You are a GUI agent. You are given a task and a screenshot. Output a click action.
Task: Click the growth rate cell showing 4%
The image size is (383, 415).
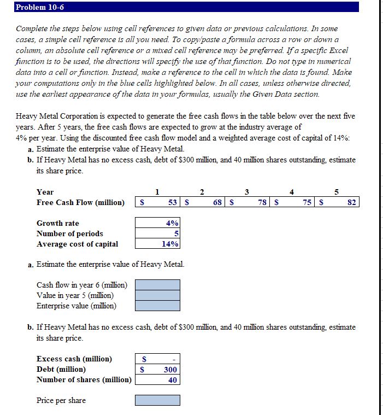[x=157, y=223]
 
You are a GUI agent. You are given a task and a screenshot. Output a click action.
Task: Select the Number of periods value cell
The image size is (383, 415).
[x=157, y=233]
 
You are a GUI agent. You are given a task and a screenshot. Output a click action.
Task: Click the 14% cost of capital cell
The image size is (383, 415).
[x=157, y=244]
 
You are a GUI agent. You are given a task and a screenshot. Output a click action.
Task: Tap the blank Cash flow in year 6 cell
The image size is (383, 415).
[x=157, y=285]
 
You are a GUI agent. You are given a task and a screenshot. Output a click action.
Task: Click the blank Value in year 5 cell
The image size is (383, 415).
[x=157, y=295]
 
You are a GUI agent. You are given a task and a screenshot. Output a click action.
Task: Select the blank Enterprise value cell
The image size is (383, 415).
[x=157, y=306]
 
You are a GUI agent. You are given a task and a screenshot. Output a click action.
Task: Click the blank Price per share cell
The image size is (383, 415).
[x=157, y=400]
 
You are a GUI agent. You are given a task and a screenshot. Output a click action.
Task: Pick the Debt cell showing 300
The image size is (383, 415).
[x=157, y=370]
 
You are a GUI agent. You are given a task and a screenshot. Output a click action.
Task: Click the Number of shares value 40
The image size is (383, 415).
[x=157, y=380]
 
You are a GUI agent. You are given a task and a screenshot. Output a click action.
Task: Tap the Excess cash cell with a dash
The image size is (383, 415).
[x=157, y=359]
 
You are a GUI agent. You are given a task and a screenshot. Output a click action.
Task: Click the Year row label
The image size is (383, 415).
[x=45, y=192]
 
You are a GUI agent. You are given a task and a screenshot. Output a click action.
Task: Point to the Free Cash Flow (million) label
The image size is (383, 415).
[x=80, y=203]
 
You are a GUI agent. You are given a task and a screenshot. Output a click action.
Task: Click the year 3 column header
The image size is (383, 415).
[x=247, y=192]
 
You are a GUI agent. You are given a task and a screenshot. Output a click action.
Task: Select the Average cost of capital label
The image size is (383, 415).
[x=77, y=244]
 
